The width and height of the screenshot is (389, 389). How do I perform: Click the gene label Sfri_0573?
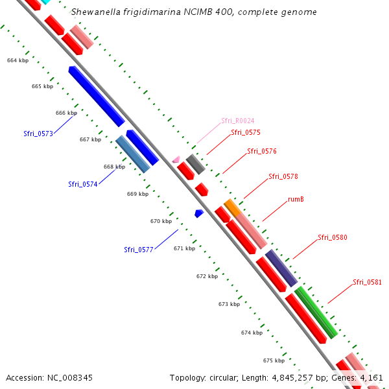point(38,134)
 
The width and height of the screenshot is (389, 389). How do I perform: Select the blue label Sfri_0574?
point(83,184)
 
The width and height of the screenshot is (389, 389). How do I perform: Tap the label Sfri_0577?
point(139,249)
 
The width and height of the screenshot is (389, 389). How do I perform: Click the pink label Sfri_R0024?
point(237,121)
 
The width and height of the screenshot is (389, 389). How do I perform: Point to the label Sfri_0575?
point(246,132)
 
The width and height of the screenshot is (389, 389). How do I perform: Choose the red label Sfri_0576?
point(262,152)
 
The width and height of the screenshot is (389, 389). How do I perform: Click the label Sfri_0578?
point(283,176)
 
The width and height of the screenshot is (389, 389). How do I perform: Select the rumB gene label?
point(296,199)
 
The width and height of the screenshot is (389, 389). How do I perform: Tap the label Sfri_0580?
point(333,237)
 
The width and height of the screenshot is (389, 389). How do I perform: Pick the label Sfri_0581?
point(367,282)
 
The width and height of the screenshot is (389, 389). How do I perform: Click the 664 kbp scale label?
point(18,60)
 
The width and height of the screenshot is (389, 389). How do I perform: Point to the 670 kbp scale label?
point(161,221)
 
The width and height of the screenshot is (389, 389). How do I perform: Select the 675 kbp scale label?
point(274,360)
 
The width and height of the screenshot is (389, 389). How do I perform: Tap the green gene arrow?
point(316,312)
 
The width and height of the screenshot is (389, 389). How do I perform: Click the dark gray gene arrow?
point(195,164)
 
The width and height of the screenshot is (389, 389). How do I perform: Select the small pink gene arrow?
point(176,159)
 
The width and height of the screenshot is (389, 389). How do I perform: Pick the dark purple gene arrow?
point(281,267)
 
